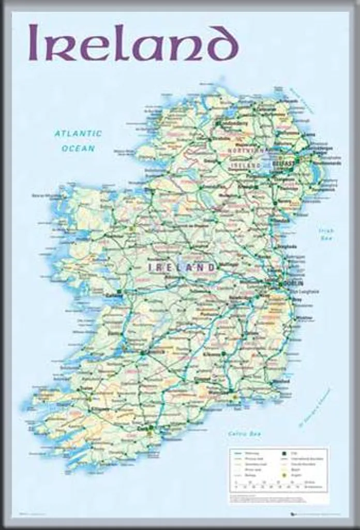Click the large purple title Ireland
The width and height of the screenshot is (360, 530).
point(133,43)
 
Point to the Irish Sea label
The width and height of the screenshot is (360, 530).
point(326,234)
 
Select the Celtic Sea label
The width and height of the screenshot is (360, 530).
point(245,434)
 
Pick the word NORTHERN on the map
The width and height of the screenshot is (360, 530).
point(246,151)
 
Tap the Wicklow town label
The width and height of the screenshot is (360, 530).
point(305,317)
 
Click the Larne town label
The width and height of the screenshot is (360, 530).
point(309,135)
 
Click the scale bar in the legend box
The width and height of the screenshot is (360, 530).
point(278,486)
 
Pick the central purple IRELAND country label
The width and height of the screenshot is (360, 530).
point(182,268)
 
